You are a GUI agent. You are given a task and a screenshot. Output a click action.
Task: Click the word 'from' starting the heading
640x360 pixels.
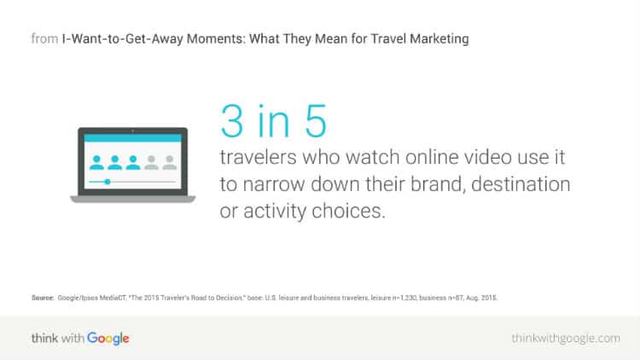pyautogui.click(x=44, y=38)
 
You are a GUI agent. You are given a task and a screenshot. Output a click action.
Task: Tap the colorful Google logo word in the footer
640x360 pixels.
pyautogui.click(x=107, y=339)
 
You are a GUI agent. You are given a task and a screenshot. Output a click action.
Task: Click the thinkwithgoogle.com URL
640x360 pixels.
pyautogui.click(x=566, y=339)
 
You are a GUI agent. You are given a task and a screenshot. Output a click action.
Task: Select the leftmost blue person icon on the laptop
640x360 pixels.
pyautogui.click(x=96, y=160)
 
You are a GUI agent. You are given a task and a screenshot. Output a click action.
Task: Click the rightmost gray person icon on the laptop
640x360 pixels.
pyautogui.click(x=167, y=160)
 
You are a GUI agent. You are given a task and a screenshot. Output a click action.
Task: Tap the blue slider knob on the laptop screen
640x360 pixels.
pyautogui.click(x=107, y=182)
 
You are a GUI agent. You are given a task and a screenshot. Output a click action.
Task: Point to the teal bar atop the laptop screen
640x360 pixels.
pyautogui.click(x=132, y=136)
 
